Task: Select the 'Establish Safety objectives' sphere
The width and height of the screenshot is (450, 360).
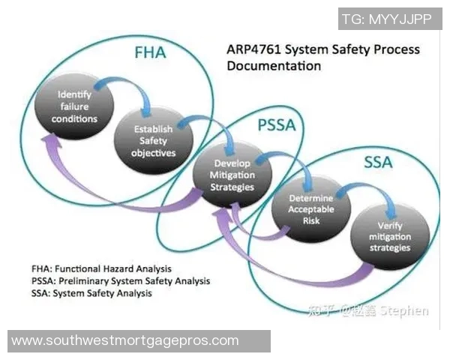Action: (x=154, y=139)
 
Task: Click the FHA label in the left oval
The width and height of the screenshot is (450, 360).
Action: (x=149, y=54)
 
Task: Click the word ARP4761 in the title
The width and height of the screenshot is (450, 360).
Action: (x=256, y=50)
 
